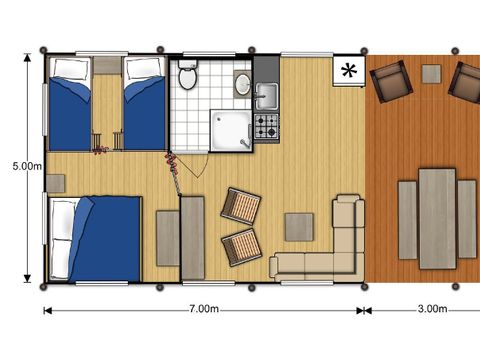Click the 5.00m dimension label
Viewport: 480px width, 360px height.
(19, 164)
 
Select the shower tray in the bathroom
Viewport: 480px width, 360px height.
(231, 130)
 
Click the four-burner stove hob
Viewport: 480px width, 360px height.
(267, 126)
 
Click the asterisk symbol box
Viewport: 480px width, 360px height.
(348, 71)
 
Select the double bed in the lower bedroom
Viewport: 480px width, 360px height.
(95, 238)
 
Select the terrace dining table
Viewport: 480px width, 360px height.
(437, 217)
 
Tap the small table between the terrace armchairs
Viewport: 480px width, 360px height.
(431, 73)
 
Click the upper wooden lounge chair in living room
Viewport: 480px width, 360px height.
(241, 207)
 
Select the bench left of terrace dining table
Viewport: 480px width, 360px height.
(407, 218)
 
